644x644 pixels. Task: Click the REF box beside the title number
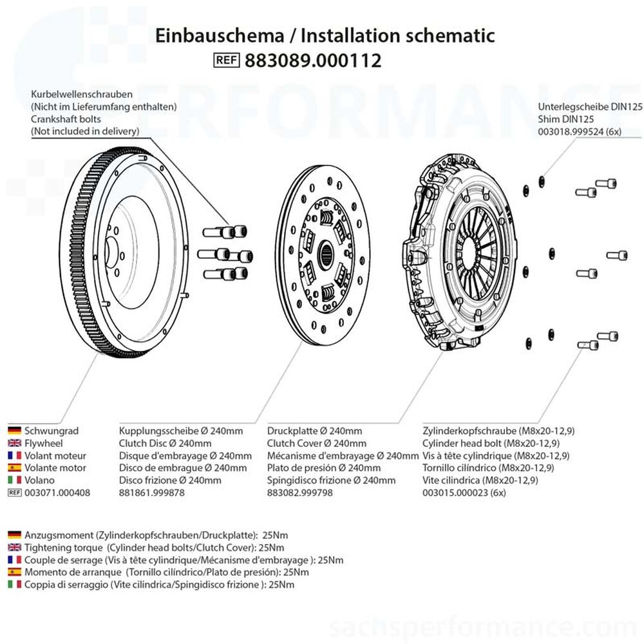[x=226, y=61]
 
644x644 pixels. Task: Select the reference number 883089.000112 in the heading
[x=313, y=61]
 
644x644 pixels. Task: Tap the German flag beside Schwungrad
[x=14, y=431]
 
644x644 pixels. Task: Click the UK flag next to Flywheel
[x=14, y=443]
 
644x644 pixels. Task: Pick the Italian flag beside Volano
[x=14, y=480]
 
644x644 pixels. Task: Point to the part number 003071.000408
[x=57, y=492]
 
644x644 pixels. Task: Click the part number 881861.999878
[x=152, y=492]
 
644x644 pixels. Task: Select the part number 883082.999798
[x=299, y=492]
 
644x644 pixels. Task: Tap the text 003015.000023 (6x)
[x=464, y=492]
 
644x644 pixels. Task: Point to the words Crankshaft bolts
[x=66, y=119]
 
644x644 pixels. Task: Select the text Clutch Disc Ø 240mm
[x=166, y=443]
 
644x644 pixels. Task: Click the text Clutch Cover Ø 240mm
[x=317, y=443]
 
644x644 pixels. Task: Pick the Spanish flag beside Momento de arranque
[x=14, y=572]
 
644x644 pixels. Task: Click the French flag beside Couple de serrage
[x=14, y=560]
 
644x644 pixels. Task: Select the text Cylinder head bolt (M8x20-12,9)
[x=491, y=443]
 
